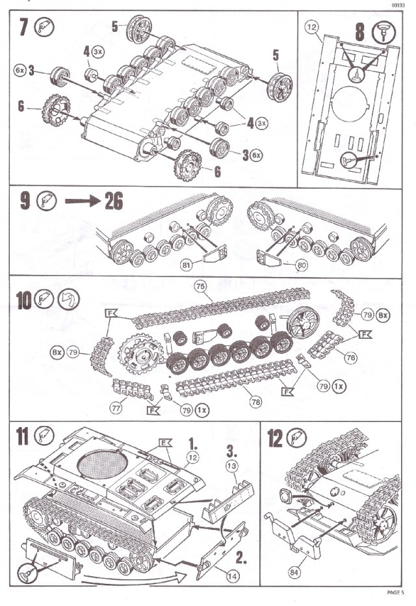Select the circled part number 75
[200, 286]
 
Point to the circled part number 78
[255, 402]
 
